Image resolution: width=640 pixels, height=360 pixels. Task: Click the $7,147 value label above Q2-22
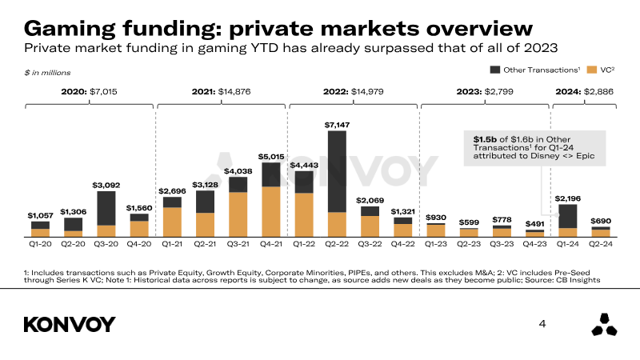pos(337,125)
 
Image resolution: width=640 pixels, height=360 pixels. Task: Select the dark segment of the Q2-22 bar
pos(337,171)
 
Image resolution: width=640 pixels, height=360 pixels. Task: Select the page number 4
pos(542,324)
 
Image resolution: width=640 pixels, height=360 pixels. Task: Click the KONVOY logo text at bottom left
pos(70,324)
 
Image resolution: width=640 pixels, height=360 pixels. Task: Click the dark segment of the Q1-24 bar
pos(568,215)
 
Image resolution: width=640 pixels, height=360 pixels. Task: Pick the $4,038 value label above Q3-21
pos(238,170)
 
